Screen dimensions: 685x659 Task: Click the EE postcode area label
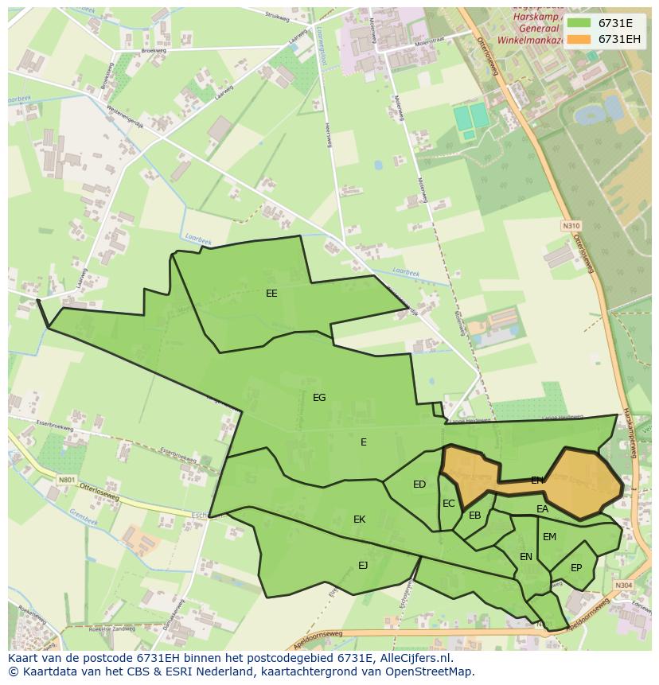[x=271, y=294]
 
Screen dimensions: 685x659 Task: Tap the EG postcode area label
[x=319, y=398]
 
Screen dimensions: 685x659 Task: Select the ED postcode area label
[x=419, y=485]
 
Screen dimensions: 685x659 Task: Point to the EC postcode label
[x=449, y=504]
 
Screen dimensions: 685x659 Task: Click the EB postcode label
[x=475, y=516]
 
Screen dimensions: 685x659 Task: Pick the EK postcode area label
[x=360, y=520]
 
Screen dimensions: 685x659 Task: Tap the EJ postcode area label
[x=363, y=566]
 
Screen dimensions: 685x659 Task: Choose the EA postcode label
[x=543, y=509]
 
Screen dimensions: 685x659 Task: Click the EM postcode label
[x=550, y=537]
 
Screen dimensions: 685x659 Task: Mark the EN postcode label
[x=526, y=557]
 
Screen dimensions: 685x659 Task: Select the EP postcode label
[x=576, y=568]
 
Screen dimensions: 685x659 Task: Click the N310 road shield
[x=571, y=226]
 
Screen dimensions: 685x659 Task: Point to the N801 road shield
[x=66, y=480]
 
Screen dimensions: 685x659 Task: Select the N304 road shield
[x=623, y=586]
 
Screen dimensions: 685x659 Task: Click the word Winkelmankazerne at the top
[x=532, y=38]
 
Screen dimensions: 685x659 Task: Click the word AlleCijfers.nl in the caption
[x=414, y=659]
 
